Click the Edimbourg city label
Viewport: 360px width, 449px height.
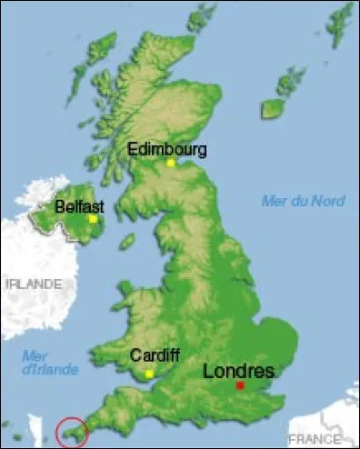[x=168, y=149]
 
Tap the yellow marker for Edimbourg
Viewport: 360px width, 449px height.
[x=170, y=163]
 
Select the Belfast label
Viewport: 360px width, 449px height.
[x=79, y=206]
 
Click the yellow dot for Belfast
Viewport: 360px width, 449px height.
[x=93, y=219]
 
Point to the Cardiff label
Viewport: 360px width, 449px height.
[x=148, y=355]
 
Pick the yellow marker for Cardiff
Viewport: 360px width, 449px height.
[x=149, y=373]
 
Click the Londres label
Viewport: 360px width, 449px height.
[x=237, y=370]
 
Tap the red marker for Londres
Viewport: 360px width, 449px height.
[x=239, y=385]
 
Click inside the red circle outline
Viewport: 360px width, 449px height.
[x=71, y=433]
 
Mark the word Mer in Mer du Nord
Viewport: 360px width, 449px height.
[x=273, y=201]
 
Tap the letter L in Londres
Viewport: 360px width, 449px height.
[x=208, y=370]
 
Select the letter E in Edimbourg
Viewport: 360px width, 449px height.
[x=133, y=149]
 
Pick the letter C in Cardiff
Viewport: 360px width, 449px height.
[x=135, y=355]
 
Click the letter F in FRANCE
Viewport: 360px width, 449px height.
[x=292, y=438]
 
